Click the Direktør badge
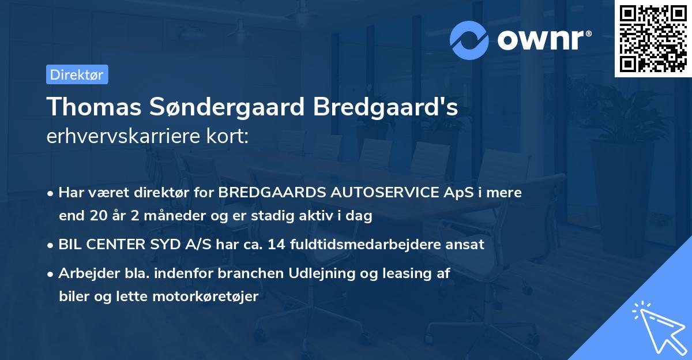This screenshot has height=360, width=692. (77, 74)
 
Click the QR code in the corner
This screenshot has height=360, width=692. (653, 39)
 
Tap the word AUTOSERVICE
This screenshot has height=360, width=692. (388, 193)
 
